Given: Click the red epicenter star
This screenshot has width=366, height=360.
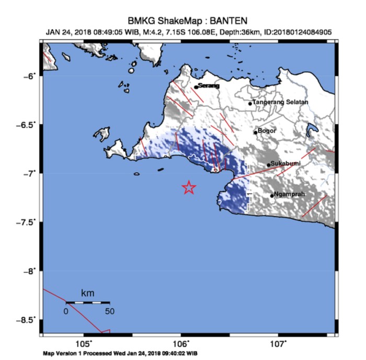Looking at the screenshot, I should click(x=189, y=187).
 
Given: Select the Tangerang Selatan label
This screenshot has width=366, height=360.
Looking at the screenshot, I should click(x=280, y=103).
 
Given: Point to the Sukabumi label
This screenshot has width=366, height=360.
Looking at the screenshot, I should click(x=284, y=164).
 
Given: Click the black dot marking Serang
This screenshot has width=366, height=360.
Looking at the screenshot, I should click(x=196, y=87).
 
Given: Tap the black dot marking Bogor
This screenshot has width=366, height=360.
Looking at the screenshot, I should click(x=256, y=132).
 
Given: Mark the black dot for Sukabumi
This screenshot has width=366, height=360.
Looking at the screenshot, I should click(x=269, y=165).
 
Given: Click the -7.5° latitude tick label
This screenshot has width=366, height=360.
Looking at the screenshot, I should click(x=29, y=222).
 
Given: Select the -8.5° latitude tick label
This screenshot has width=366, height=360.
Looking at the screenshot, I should click(x=29, y=320).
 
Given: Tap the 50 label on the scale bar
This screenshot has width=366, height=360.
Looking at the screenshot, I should click(x=110, y=311).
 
